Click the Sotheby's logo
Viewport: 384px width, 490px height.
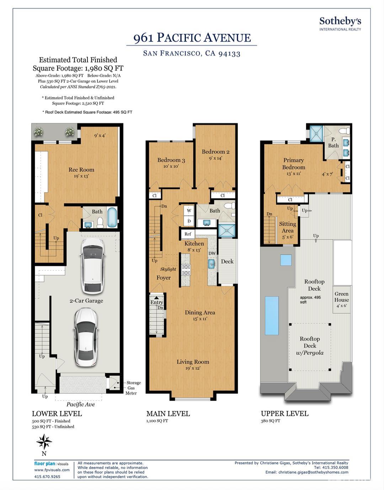340,24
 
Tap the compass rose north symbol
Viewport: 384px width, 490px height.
44,442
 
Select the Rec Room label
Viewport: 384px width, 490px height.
81,170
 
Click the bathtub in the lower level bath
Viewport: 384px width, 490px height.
112,217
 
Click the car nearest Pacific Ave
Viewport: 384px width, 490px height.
86,337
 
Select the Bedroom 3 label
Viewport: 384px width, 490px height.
171,160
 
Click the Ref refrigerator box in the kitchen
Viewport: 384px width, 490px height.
188,234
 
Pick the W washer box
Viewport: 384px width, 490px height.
189,210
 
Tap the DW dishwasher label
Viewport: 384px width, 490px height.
212,253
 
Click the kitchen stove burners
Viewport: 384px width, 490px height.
186,270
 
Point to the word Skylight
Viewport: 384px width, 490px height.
168,269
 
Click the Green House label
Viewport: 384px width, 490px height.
341,297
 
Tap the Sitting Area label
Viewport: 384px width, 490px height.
288,227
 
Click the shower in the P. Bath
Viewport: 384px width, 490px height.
316,134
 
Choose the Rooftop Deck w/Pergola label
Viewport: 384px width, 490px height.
310,346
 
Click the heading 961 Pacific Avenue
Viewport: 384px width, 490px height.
192,38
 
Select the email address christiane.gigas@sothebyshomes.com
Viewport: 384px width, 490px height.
313,472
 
